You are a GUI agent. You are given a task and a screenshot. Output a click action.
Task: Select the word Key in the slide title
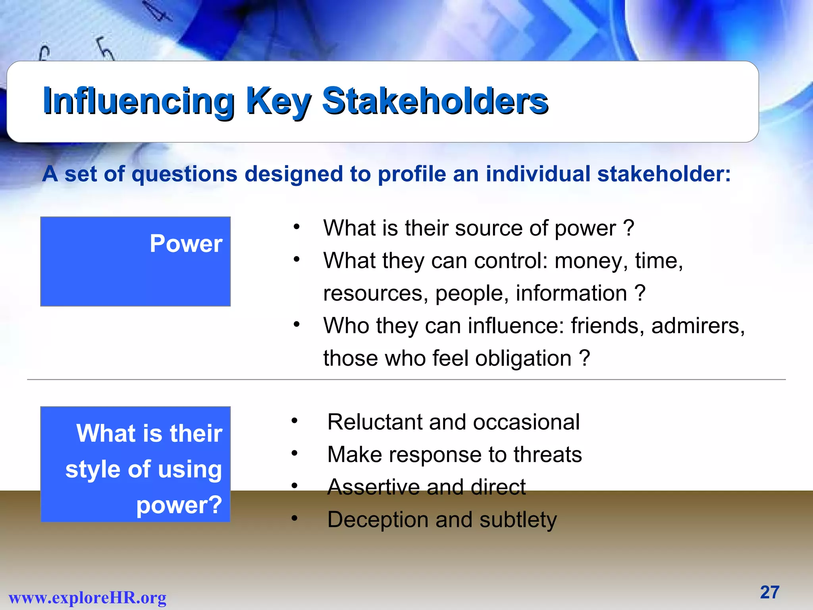tap(278, 102)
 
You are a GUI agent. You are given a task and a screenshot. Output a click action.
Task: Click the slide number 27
tap(770, 592)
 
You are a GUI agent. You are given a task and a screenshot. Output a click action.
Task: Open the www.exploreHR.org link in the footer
tap(88, 597)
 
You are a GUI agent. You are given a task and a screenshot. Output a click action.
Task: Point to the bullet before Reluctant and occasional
tap(294, 421)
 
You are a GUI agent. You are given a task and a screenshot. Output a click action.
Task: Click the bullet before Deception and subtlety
tap(294, 518)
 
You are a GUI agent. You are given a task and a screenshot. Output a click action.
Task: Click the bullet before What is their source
tap(296, 227)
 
